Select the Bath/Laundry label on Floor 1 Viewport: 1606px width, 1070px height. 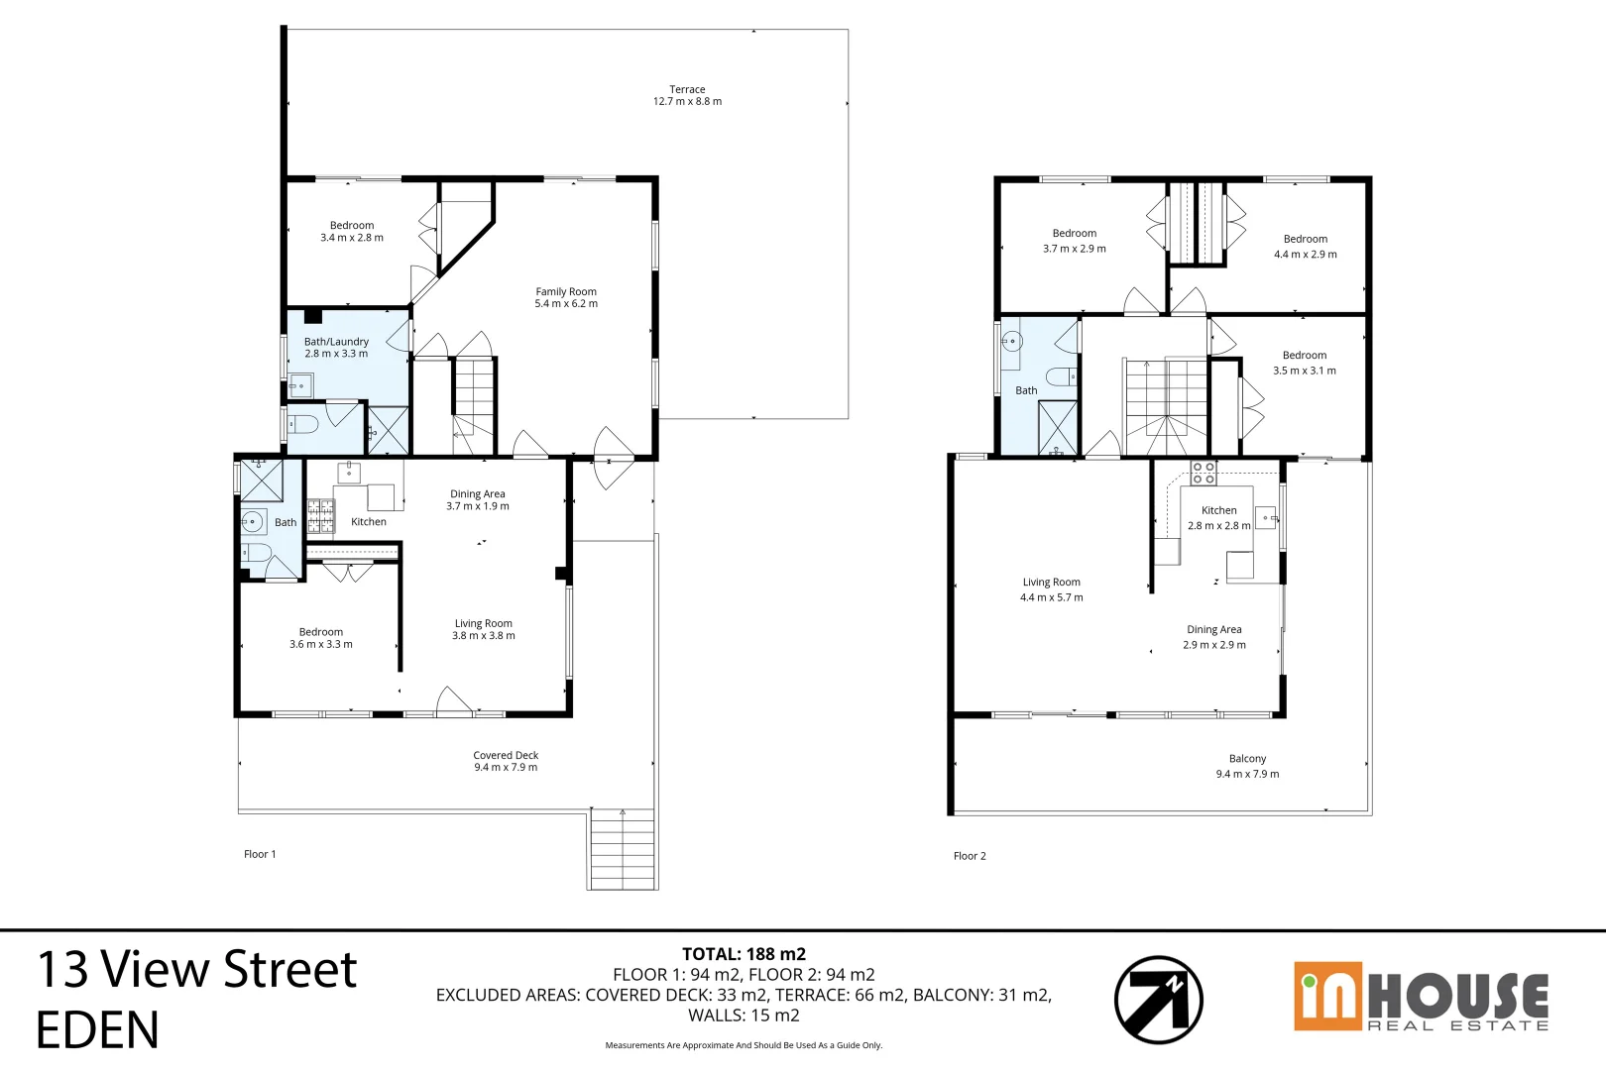[336, 342]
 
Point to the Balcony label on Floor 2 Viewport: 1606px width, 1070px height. [1247, 759]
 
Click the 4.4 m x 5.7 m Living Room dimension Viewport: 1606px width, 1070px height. [1051, 597]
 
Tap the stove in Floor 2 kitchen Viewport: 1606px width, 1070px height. [1204, 473]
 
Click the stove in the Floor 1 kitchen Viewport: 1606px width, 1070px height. [320, 516]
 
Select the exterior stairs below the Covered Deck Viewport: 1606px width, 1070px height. [623, 849]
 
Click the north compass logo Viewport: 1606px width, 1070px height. [1158, 1000]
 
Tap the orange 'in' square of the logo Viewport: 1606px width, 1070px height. [1327, 996]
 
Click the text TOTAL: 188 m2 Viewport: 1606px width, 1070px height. [744, 954]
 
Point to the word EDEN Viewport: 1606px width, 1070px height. [97, 1030]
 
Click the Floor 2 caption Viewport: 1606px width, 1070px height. [970, 856]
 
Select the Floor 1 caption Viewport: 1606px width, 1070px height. [260, 854]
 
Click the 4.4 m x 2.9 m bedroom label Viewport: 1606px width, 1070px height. [1305, 247]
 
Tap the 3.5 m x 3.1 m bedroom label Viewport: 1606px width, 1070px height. [1304, 363]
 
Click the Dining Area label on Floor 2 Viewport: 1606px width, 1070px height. [1213, 630]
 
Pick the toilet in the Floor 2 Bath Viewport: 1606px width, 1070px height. [1060, 376]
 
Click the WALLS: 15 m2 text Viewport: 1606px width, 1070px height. [744, 1016]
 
